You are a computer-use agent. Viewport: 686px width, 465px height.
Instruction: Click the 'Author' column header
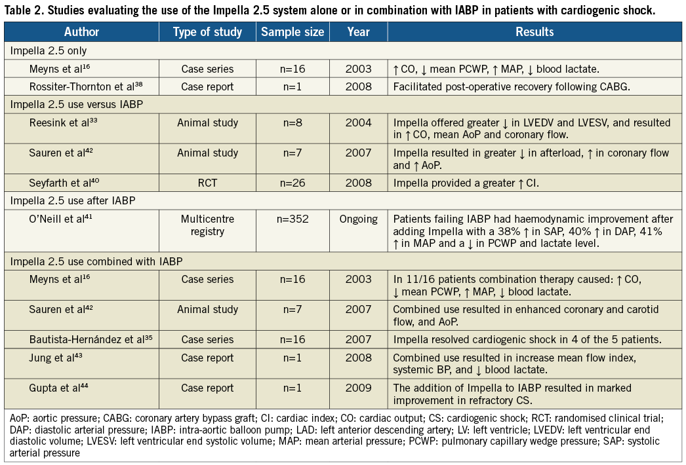(x=81, y=32)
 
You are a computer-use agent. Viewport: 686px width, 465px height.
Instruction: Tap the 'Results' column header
(x=535, y=32)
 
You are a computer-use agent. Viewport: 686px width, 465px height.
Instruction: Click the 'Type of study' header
(x=207, y=32)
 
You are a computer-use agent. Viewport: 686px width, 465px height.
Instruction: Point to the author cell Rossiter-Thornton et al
(x=87, y=86)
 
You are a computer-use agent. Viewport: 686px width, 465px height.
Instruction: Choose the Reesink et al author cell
(x=61, y=122)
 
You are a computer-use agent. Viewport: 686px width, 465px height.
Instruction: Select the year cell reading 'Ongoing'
(x=358, y=219)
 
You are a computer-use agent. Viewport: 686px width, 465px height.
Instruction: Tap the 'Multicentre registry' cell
(x=207, y=225)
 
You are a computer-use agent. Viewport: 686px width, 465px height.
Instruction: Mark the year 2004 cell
(x=358, y=122)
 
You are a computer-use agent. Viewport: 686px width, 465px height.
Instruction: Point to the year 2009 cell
(x=358, y=388)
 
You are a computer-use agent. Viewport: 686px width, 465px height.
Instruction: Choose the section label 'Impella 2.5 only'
(x=50, y=50)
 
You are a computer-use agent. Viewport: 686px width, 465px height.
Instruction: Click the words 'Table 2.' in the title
(x=22, y=9)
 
